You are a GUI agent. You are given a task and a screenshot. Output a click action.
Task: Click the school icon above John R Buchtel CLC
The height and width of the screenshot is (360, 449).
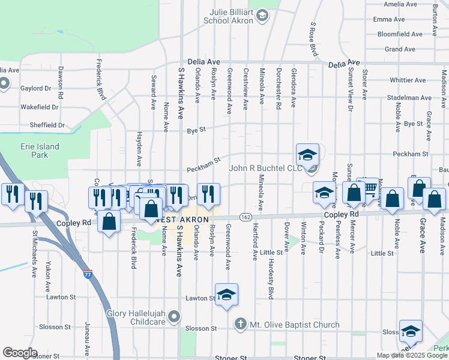[307, 155]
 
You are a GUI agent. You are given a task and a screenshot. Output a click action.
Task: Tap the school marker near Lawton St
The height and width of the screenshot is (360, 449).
[226, 295]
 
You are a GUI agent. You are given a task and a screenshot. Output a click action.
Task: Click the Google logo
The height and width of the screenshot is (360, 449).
[20, 353]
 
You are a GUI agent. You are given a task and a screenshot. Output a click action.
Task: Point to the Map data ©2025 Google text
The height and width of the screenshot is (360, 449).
[412, 355]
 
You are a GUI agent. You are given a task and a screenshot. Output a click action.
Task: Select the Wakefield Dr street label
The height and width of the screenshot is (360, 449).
[39, 107]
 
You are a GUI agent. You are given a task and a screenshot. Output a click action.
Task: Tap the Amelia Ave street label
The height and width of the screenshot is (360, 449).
[400, 4]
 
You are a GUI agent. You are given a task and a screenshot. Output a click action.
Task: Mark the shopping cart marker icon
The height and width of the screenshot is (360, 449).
[370, 188]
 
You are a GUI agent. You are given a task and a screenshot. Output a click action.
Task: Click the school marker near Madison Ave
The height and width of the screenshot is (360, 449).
[411, 331]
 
